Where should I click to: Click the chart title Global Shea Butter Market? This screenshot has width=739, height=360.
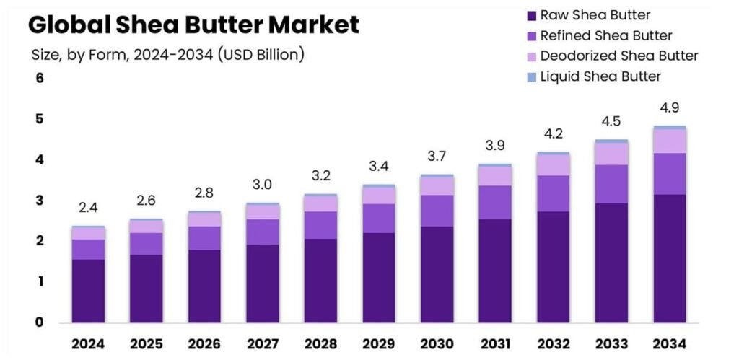193,25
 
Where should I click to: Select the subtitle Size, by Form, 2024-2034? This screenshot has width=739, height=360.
167,54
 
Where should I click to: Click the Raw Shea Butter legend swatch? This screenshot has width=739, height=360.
532,15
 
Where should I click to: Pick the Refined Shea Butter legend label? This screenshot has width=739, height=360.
606,35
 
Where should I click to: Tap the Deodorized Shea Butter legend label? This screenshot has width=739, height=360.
619,56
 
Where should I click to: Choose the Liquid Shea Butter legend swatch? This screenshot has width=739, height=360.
532,76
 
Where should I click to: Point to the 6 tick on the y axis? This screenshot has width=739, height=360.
40,78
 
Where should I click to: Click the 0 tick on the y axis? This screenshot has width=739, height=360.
40,322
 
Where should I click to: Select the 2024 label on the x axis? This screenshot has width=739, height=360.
88,343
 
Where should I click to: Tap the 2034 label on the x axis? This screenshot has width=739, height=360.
670,343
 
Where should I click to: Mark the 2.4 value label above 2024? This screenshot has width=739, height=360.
88,208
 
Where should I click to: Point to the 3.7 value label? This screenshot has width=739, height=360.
437,157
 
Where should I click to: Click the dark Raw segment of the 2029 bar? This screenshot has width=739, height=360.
379,278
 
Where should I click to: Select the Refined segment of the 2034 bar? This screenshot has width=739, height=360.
670,174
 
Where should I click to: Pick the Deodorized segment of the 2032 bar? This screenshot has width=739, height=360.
554,165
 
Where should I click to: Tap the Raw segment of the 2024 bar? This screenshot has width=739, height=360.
88,291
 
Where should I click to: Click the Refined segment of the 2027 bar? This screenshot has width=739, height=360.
263,232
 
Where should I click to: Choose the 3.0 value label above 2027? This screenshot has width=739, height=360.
263,185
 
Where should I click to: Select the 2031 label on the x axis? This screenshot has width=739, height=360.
495,343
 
